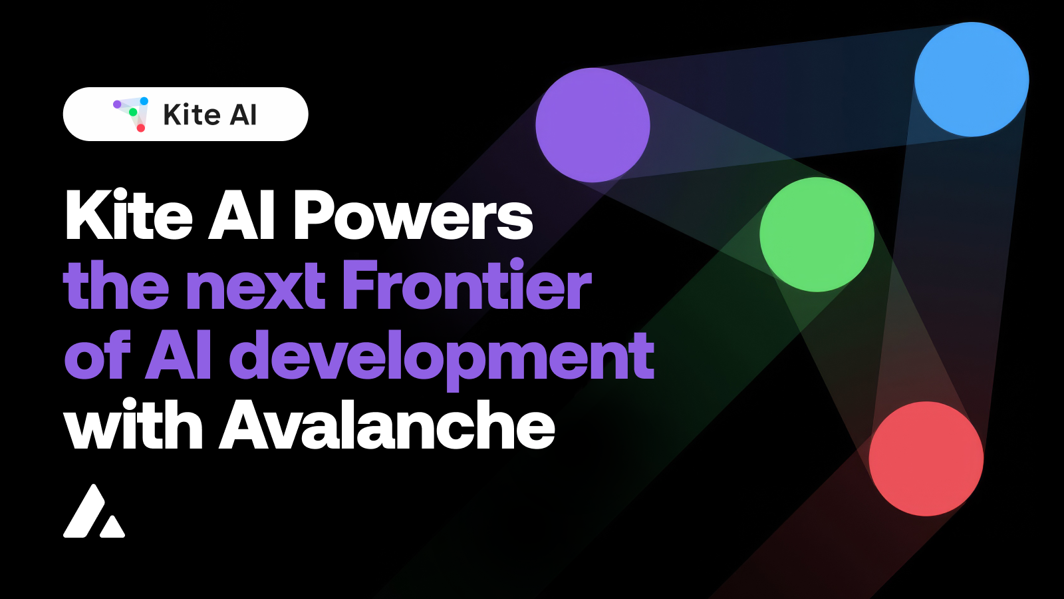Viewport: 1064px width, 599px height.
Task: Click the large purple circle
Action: click(593, 125)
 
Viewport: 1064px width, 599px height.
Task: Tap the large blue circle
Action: click(972, 79)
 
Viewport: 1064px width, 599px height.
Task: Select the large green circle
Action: click(817, 234)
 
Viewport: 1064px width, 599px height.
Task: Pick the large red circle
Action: click(926, 459)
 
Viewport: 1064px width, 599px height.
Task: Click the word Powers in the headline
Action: click(413, 216)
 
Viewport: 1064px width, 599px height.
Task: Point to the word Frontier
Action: click(466, 286)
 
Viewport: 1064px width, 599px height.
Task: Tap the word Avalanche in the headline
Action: click(387, 426)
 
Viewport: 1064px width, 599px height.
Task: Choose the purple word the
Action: click(116, 286)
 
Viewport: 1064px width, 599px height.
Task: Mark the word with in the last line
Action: click(133, 426)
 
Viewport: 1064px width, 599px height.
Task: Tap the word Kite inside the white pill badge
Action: click(192, 114)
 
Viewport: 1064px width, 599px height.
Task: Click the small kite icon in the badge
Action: click(131, 114)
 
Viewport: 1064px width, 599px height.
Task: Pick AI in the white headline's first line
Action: click(241, 216)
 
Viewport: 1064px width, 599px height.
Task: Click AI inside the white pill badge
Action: click(243, 114)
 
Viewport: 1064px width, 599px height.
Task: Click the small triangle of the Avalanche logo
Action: click(112, 527)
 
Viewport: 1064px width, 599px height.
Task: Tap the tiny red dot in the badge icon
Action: click(141, 128)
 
